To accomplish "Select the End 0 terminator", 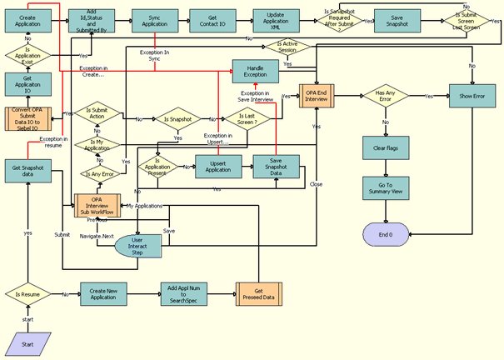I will [x=385, y=236].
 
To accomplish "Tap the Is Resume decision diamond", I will [x=27, y=294].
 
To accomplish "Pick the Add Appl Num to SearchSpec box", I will [x=183, y=295].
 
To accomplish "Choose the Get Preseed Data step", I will [x=258, y=295].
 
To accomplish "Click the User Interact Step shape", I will [x=138, y=245].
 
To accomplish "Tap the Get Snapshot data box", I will [x=27, y=170].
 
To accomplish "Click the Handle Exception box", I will [x=255, y=72].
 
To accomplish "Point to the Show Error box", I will [x=472, y=96].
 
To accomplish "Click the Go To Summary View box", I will [x=385, y=188].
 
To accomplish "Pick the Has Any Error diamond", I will [x=385, y=97].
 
